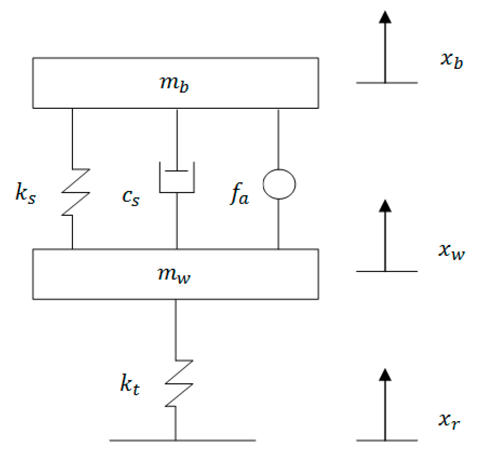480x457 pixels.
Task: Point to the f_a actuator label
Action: pos(240,194)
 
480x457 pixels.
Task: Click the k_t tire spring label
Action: pos(130,384)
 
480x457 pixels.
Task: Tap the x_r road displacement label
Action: pos(449,420)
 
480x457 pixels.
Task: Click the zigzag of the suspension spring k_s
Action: pos(76,192)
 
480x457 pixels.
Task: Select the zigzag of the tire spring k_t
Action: pos(179,383)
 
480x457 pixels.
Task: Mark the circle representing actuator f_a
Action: pos(279,184)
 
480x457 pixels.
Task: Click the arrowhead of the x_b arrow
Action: pos(385,18)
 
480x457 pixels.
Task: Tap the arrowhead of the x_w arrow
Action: pos(385,206)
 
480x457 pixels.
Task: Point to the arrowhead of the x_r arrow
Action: pos(385,375)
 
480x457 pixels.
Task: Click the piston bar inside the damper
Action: pos(177,171)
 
